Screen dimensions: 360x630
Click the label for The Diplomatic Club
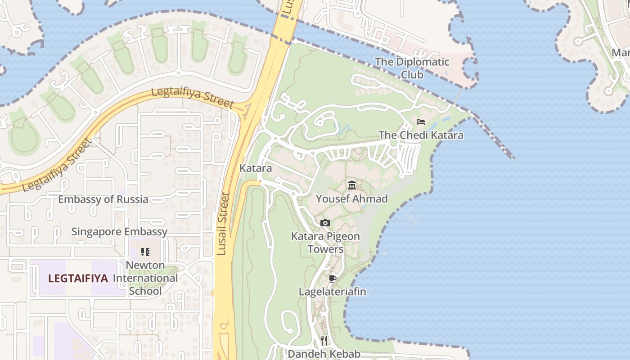(412, 68)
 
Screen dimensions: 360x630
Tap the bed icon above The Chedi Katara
(421, 122)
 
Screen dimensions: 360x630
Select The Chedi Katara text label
(421, 135)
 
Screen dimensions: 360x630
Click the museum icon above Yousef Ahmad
(352, 185)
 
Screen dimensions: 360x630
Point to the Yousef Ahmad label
(351, 198)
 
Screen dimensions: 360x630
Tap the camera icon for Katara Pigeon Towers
(325, 223)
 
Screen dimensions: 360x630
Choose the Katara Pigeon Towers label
(325, 243)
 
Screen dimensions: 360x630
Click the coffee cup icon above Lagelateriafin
(333, 279)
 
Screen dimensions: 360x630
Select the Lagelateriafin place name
(333, 292)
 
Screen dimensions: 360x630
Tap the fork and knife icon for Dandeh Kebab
(324, 340)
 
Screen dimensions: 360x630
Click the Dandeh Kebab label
(324, 354)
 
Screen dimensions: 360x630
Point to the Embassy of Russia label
(103, 199)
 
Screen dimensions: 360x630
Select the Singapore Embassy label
(119, 232)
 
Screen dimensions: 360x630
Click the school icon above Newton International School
(145, 252)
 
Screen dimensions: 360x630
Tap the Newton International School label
(145, 278)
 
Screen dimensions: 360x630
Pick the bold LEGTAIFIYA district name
(78, 279)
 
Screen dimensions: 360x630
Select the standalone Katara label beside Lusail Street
(256, 168)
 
